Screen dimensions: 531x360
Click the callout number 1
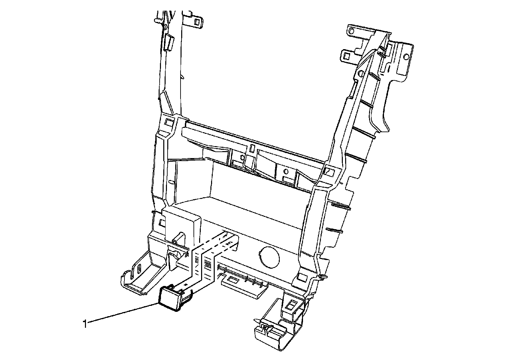(85, 323)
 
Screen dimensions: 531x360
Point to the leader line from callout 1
(123, 313)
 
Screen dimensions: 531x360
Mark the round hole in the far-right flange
(406, 56)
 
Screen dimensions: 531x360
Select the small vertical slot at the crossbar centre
(252, 148)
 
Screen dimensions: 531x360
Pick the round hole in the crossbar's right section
(285, 172)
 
